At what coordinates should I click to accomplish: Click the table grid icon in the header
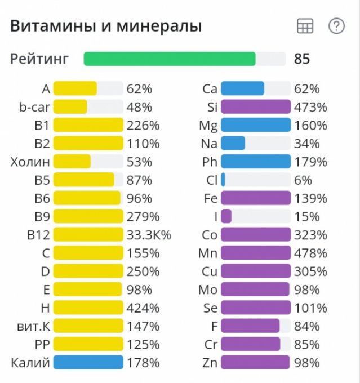(305, 26)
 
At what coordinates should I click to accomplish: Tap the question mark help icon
(336, 26)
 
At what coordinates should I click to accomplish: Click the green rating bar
(170, 59)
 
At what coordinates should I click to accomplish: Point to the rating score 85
(302, 59)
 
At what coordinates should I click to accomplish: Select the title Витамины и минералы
(106, 26)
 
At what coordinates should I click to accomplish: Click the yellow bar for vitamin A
(75, 88)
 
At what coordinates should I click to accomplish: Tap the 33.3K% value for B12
(149, 234)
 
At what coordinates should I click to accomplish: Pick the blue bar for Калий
(88, 362)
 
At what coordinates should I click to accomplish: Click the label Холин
(30, 162)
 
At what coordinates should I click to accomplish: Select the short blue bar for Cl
(223, 180)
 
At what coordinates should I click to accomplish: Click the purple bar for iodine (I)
(226, 216)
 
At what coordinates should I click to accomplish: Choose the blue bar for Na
(233, 143)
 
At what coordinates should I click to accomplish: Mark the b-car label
(34, 107)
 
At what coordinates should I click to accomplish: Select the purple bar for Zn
(255, 362)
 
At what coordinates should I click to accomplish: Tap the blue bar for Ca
(242, 88)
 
